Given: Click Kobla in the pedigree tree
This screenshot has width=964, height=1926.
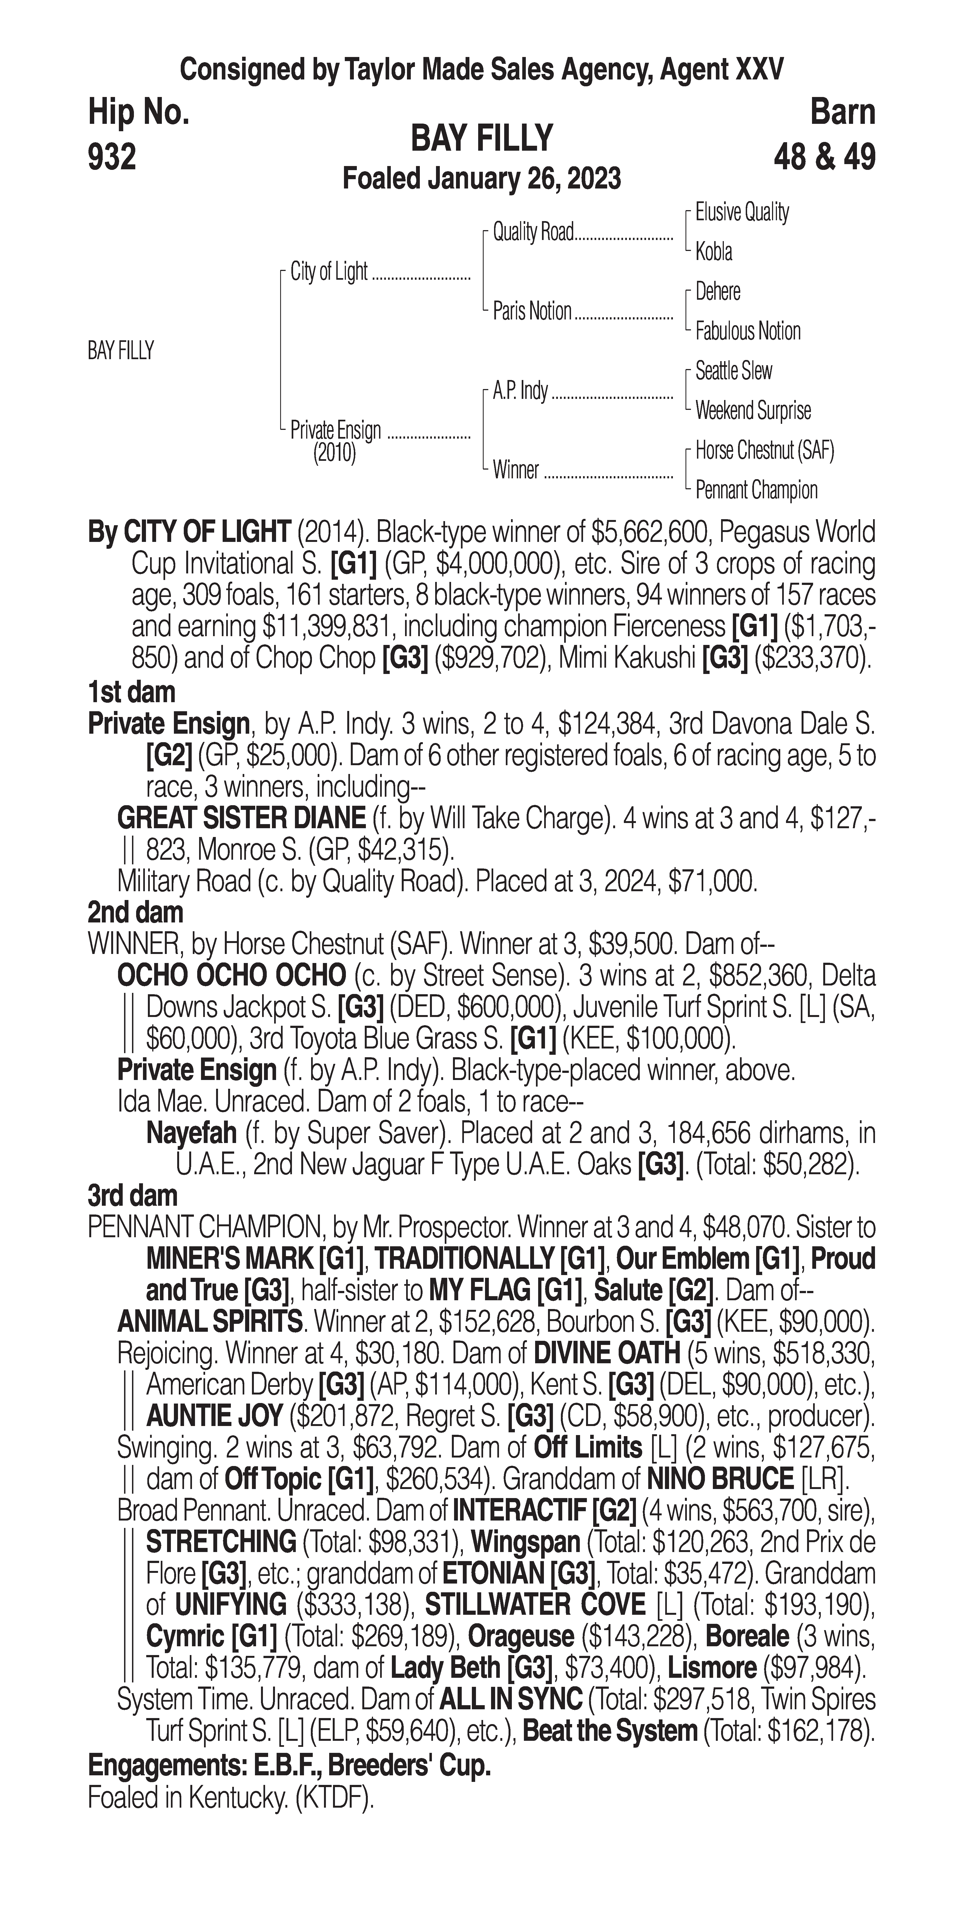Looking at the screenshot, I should tap(714, 252).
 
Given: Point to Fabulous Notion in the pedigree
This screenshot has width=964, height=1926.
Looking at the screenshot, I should tap(747, 331).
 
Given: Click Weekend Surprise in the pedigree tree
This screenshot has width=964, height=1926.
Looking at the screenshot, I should tap(753, 410).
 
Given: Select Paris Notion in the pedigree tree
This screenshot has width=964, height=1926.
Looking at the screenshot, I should tap(531, 311).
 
